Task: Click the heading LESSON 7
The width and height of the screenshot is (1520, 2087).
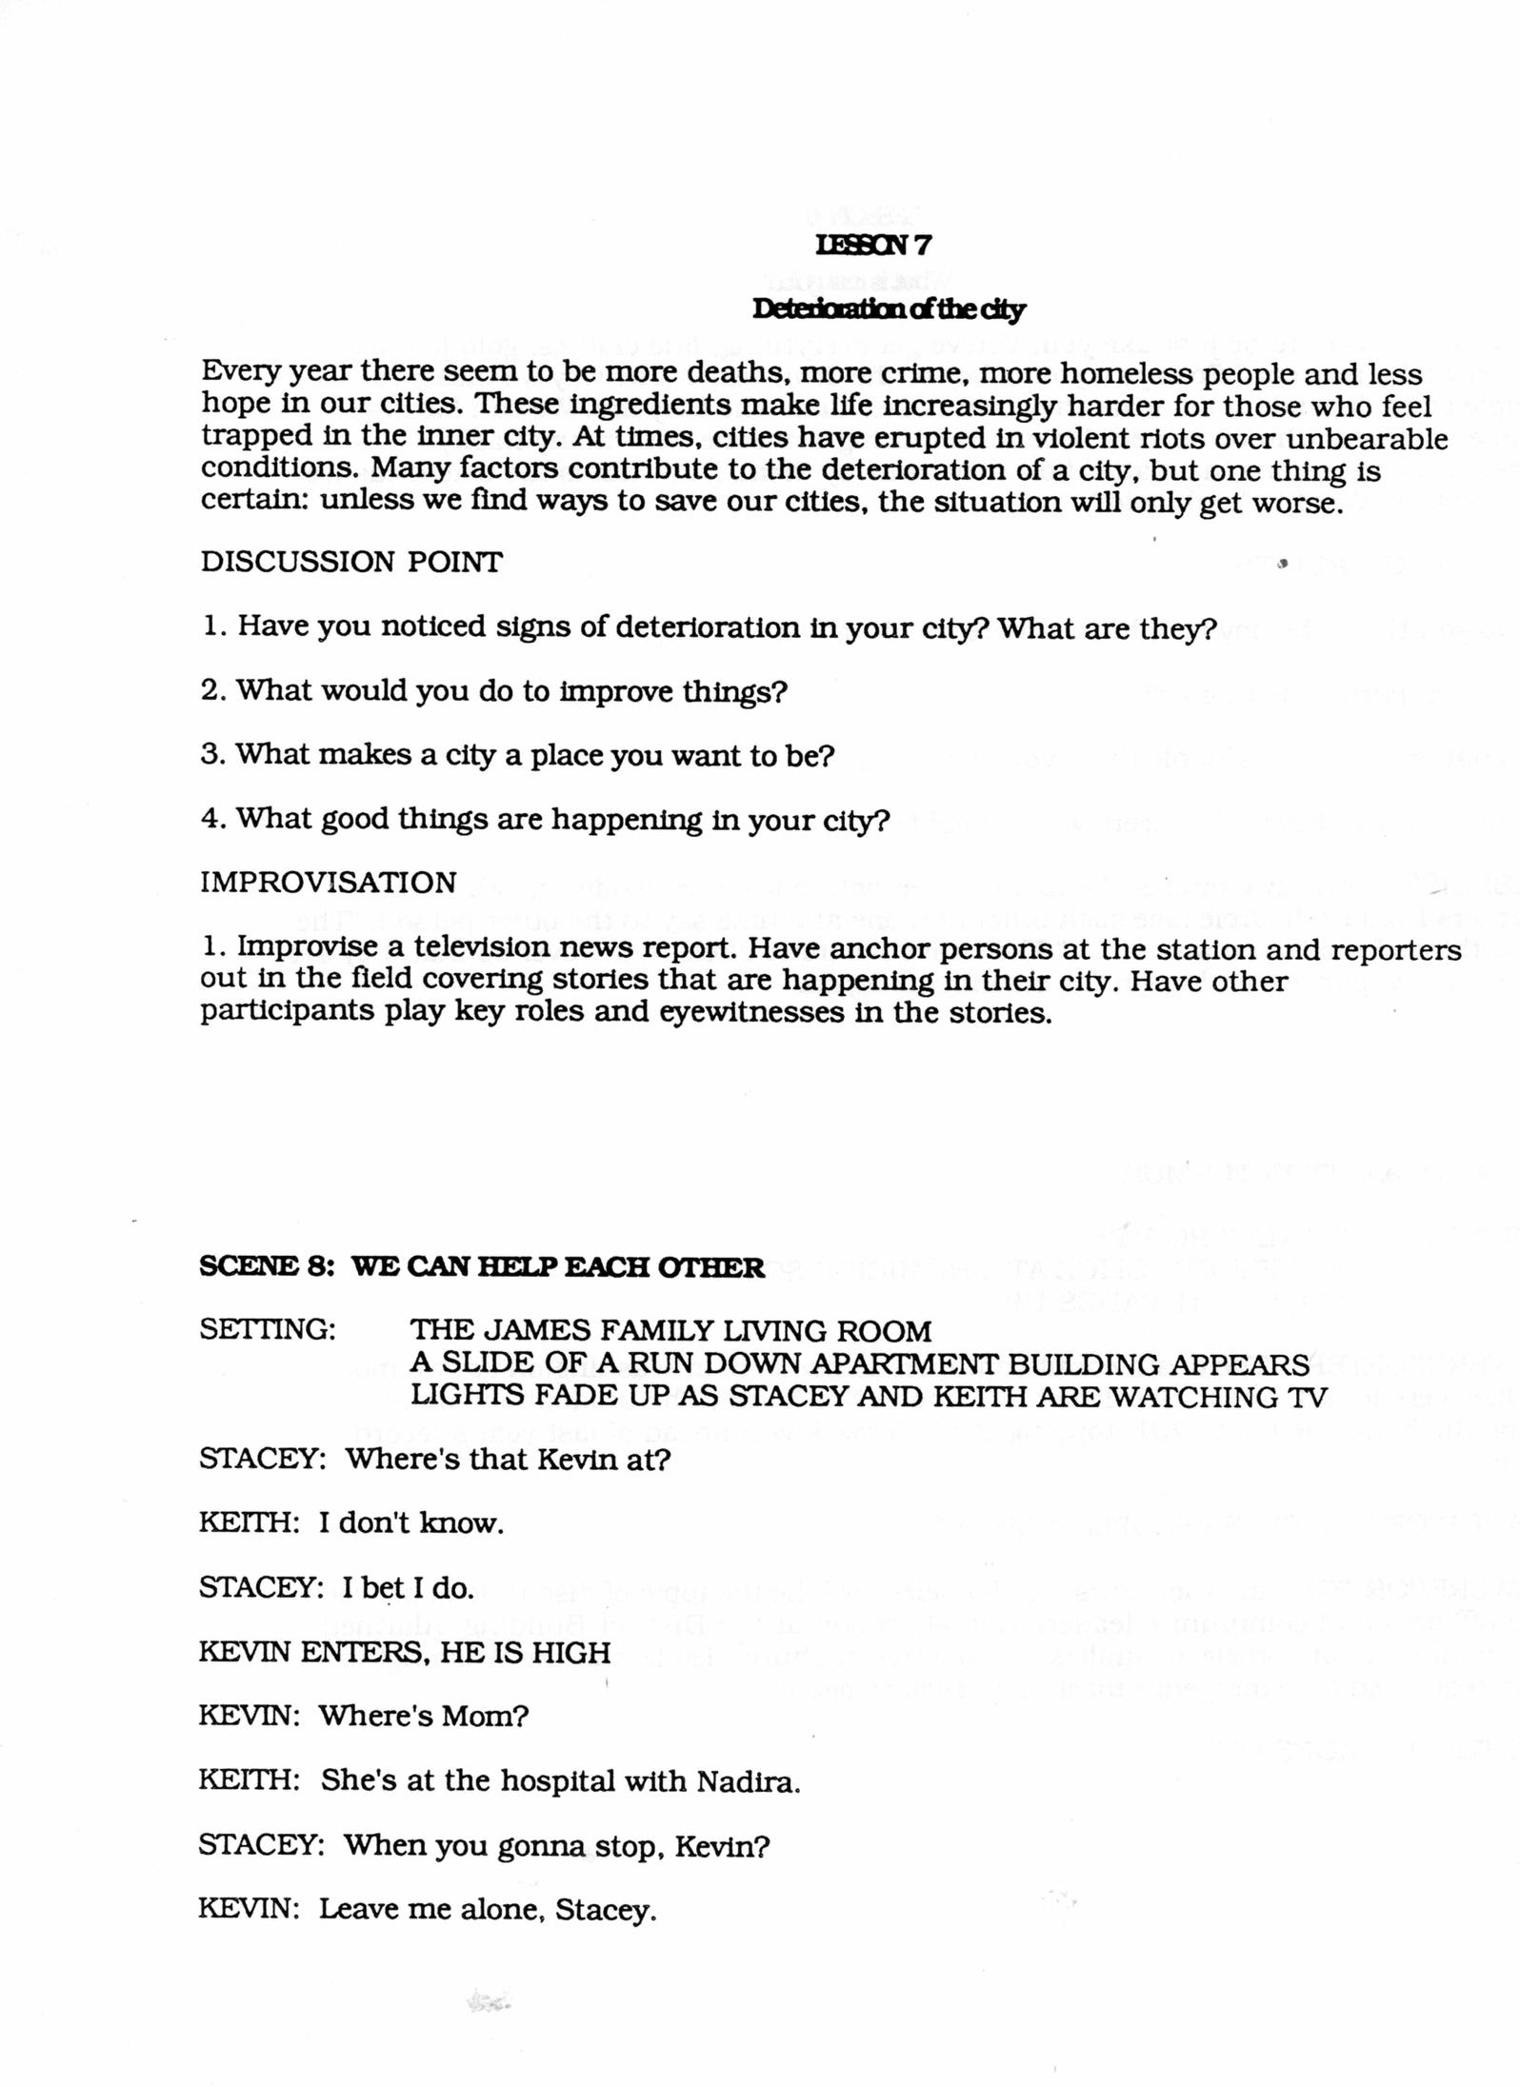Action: point(873,245)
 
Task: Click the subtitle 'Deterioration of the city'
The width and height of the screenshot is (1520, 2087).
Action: point(889,309)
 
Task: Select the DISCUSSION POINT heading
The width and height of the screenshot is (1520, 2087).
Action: point(350,562)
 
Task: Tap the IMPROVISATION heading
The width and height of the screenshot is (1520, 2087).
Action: point(329,882)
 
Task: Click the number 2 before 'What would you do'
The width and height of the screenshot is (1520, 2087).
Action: point(210,690)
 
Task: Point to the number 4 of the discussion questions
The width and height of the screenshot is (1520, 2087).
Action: point(210,819)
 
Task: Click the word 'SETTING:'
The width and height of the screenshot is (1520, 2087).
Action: point(268,1330)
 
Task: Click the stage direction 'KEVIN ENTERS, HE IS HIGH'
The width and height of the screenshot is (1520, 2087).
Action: point(404,1652)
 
